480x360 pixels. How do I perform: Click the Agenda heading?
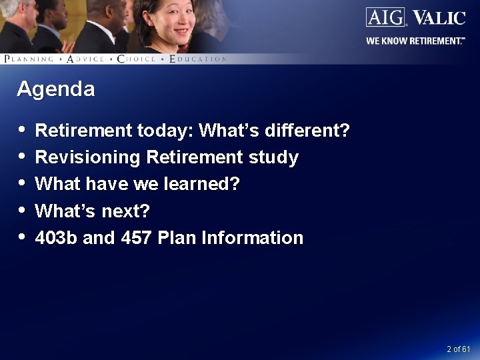tap(55, 89)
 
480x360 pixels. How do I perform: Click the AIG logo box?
tap(386, 17)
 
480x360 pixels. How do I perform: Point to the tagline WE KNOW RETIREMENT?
tap(415, 41)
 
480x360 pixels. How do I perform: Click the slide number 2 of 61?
tap(459, 349)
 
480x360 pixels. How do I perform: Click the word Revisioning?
tap(88, 158)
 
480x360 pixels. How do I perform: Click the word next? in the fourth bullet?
tap(126, 211)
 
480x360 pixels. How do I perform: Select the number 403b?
tap(56, 238)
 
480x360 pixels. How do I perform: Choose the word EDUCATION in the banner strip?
tap(198, 59)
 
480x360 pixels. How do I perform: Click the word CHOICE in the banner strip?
tap(137, 59)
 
